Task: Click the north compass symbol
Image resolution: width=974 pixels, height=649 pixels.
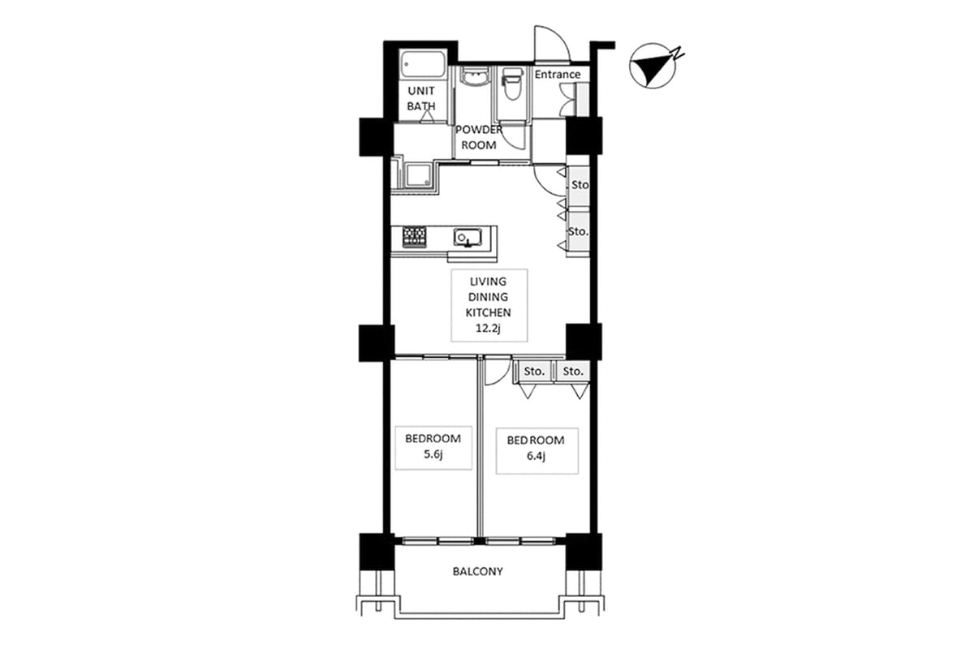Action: [x=653, y=67]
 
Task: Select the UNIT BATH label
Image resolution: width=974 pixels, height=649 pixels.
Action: [x=420, y=98]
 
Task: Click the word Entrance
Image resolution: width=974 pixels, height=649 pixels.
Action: [x=558, y=75]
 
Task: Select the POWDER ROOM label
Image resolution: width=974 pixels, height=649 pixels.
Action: [x=479, y=137]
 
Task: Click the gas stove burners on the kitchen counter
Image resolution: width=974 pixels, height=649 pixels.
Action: [x=415, y=236]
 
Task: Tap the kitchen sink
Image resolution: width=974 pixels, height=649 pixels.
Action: [x=469, y=238]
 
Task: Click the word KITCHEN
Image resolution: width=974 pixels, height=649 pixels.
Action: [x=488, y=312]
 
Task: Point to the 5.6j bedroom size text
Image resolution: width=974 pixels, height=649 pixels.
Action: [x=433, y=455]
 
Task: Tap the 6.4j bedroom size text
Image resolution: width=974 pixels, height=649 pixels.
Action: [x=536, y=457]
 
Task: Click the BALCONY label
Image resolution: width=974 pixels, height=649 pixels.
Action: [x=477, y=571]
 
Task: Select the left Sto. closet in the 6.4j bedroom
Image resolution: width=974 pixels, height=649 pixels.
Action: [x=533, y=372]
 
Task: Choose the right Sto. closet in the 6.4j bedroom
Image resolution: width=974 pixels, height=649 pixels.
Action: [x=573, y=372]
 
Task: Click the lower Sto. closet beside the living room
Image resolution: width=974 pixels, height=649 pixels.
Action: [x=578, y=232]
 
